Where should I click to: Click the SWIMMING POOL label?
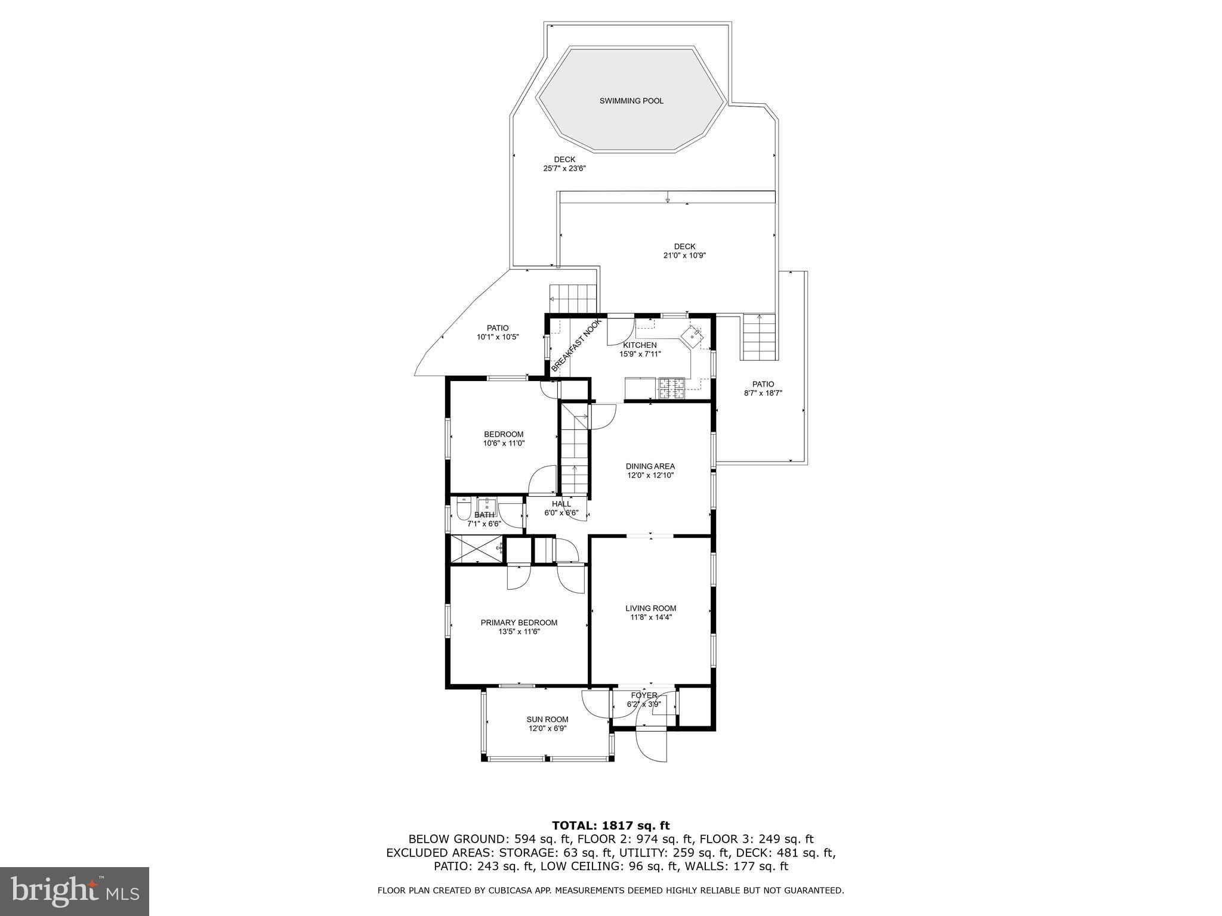tap(631, 101)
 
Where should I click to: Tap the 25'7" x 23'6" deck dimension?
tap(564, 169)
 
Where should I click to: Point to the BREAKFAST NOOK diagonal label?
tap(576, 346)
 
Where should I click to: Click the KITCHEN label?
tap(640, 345)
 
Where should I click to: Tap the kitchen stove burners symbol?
tap(672, 388)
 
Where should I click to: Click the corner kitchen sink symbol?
tap(693, 336)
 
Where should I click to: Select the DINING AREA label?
tap(650, 466)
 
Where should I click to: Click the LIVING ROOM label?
tap(650, 608)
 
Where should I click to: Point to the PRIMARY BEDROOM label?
tap(519, 623)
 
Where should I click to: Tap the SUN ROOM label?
tap(547, 719)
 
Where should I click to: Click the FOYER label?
tap(644, 695)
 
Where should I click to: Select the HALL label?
tap(561, 504)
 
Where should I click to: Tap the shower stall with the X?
tap(476, 549)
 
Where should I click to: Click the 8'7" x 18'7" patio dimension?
tap(763, 394)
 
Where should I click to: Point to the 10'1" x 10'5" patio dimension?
tap(497, 337)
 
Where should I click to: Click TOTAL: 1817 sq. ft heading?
tap(610, 825)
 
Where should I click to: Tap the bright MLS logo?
tap(75, 891)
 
